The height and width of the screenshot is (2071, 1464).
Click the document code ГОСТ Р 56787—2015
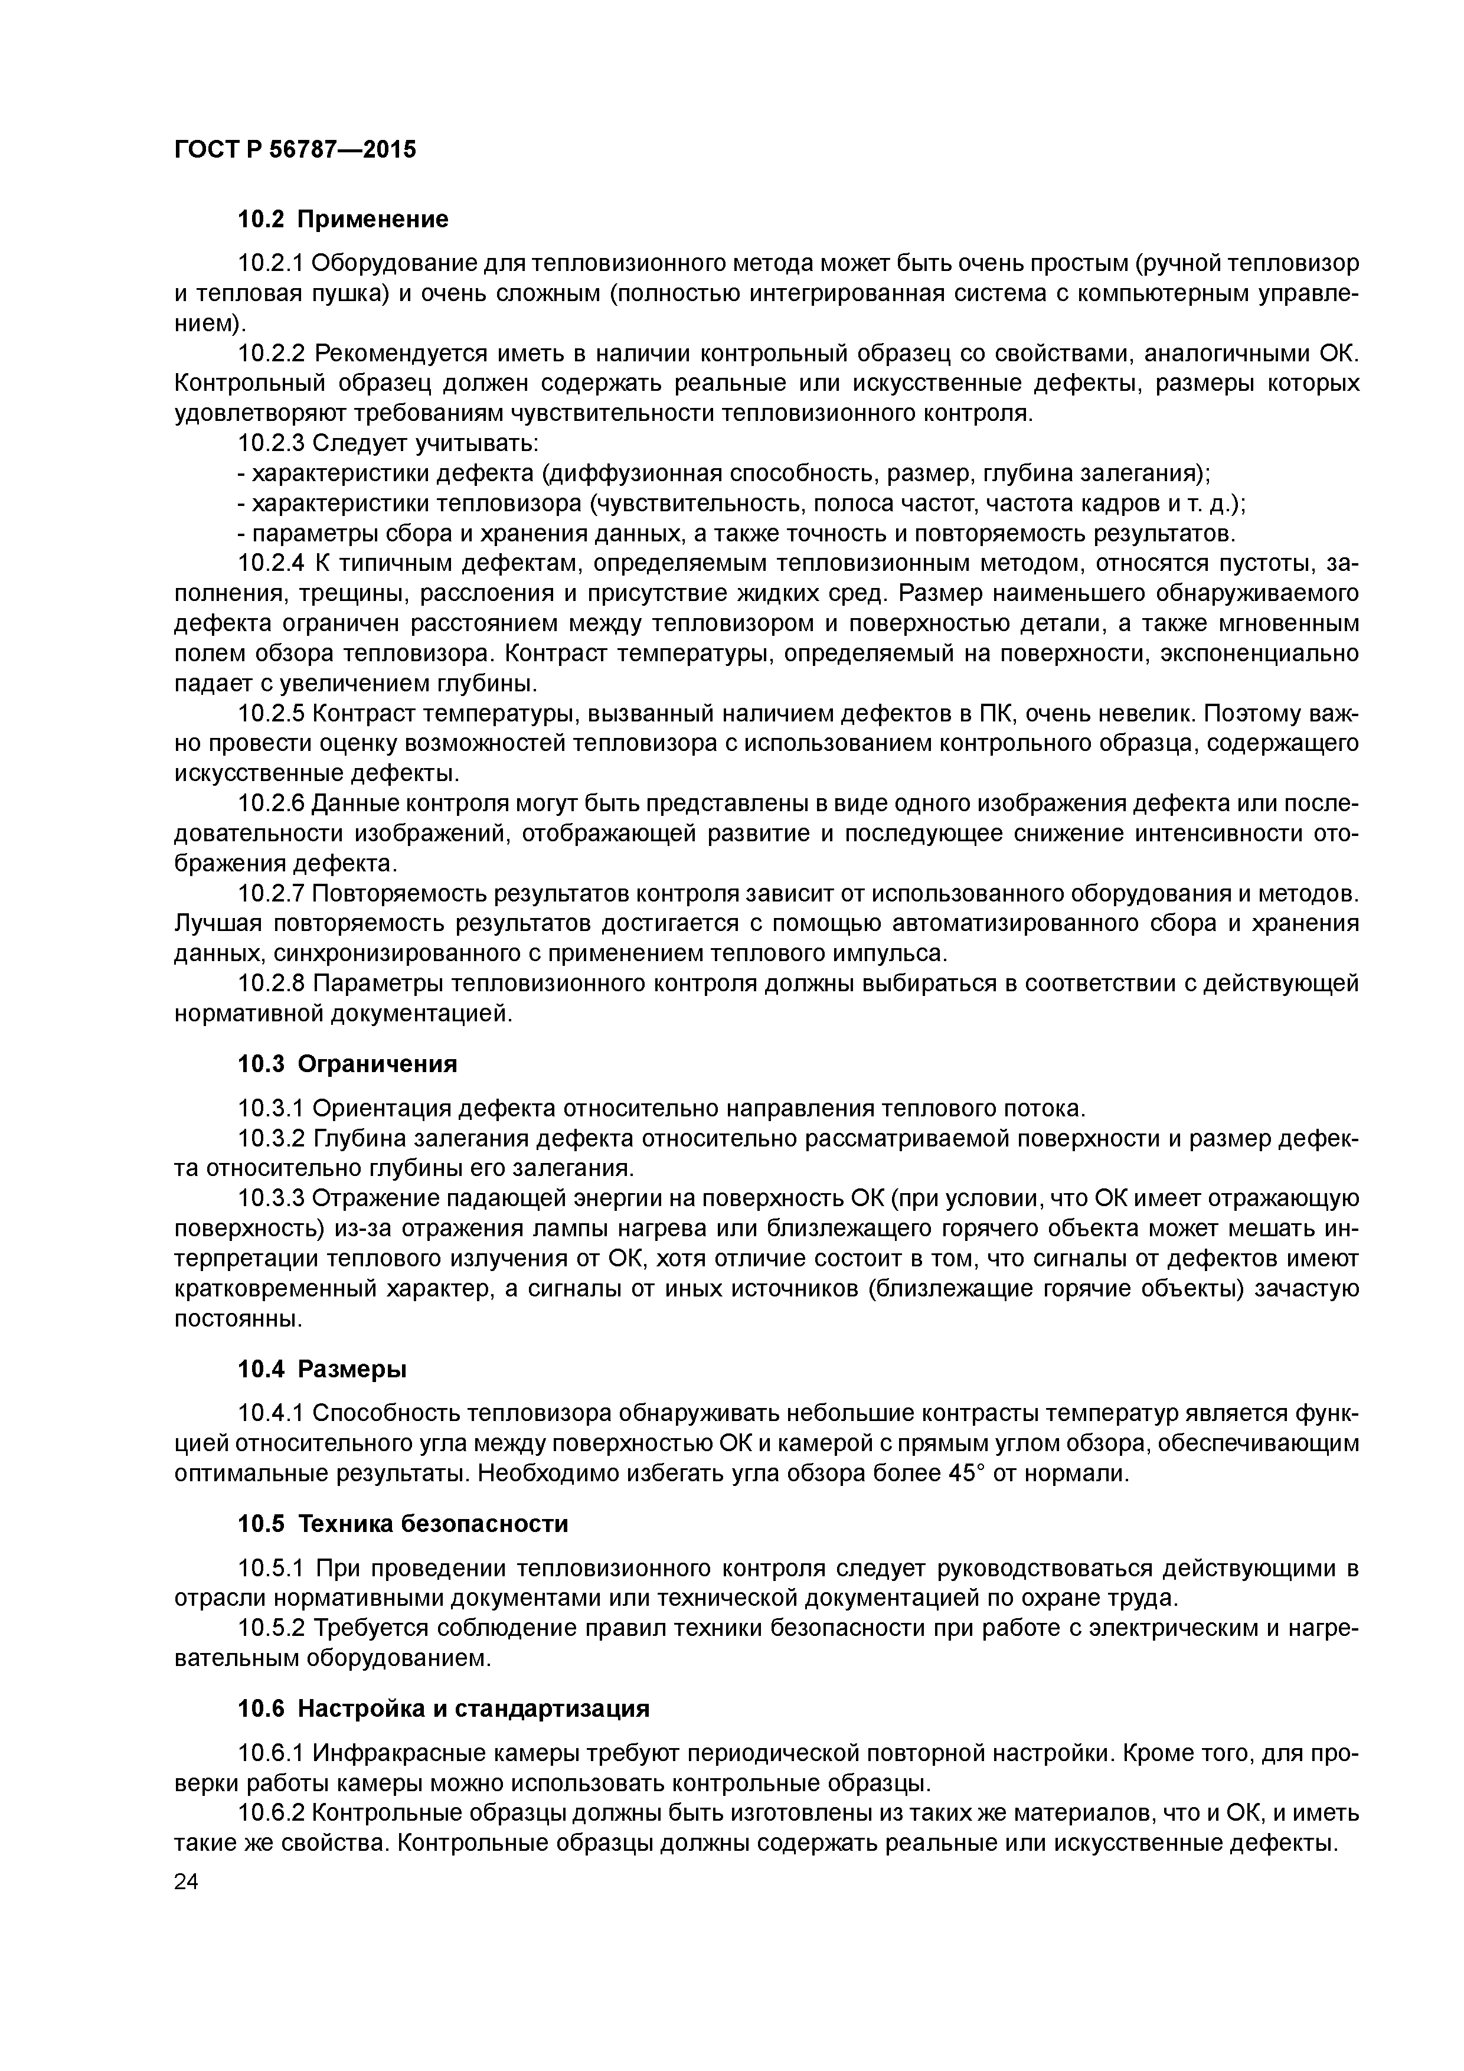point(295,150)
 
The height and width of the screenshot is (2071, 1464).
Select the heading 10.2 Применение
point(343,219)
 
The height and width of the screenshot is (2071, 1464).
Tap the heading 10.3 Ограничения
point(347,1064)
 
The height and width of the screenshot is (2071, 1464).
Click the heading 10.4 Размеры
point(322,1369)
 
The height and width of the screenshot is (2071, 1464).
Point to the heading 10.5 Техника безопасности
point(403,1524)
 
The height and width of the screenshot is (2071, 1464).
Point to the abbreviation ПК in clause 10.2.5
point(995,714)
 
